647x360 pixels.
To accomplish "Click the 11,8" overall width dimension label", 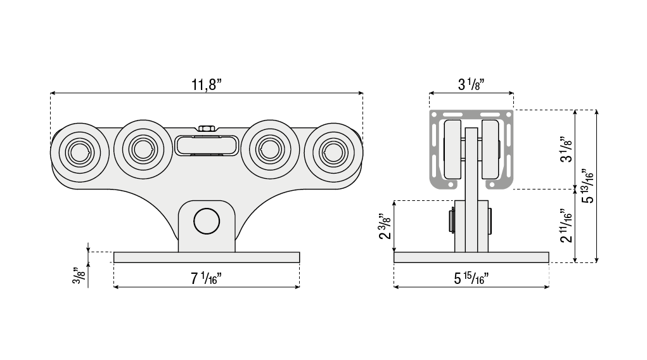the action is point(207,85).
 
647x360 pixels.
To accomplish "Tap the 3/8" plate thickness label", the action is point(79,275).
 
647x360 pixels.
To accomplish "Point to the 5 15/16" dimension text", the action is point(471,278).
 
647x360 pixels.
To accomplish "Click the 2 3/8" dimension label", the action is point(385,226).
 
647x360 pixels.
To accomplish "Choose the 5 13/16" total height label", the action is point(587,186).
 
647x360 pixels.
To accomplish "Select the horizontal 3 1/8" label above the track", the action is point(471,85).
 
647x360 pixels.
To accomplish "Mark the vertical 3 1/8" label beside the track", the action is point(567,149).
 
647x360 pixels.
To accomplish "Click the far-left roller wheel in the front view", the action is point(80,152).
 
